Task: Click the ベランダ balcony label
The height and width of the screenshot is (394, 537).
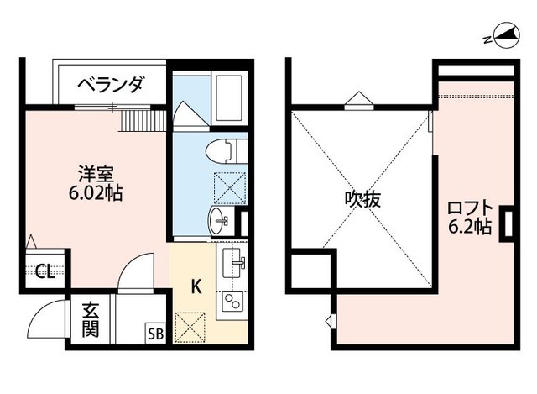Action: [x=111, y=84]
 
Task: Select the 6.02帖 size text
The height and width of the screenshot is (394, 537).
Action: [x=96, y=193]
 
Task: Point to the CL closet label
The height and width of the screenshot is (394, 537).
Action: [x=42, y=271]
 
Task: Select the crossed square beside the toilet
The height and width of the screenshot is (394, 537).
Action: [x=229, y=186]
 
